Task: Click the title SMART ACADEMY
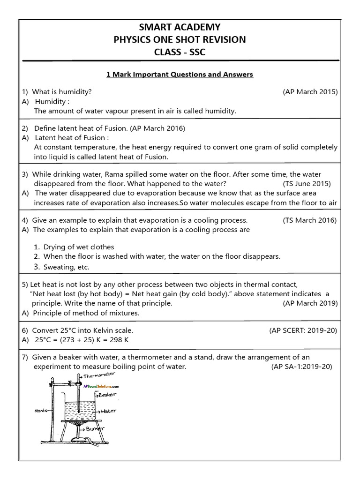pyautogui.click(x=180, y=27)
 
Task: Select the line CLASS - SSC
pyautogui.click(x=180, y=52)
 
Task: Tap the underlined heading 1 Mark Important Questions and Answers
pyautogui.click(x=180, y=74)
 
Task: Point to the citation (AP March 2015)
pyautogui.click(x=310, y=92)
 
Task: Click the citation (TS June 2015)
pyautogui.click(x=307, y=183)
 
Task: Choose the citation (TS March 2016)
pyautogui.click(x=309, y=220)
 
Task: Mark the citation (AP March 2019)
pyautogui.click(x=310, y=303)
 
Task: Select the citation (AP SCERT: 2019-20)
pyautogui.click(x=303, y=330)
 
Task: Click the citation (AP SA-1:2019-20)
pyautogui.click(x=301, y=367)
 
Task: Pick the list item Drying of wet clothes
pyautogui.click(x=79, y=247)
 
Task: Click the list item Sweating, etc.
pyautogui.click(x=66, y=267)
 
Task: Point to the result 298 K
pyautogui.click(x=119, y=340)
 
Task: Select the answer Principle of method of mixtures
pyautogui.click(x=86, y=313)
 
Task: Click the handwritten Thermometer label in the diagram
pyautogui.click(x=99, y=375)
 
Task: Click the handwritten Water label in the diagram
pyautogui.click(x=107, y=411)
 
